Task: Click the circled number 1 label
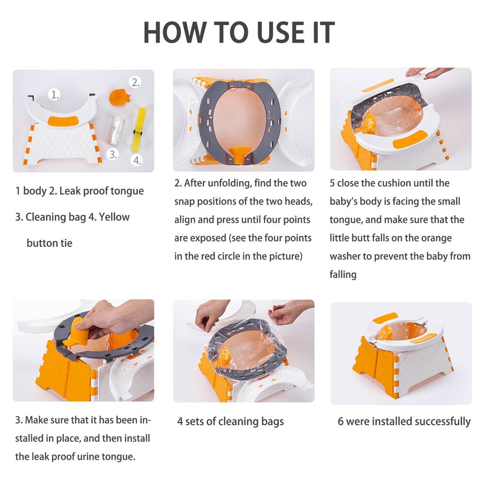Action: click(55, 95)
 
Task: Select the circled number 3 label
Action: click(113, 154)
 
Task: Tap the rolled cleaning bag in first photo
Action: click(115, 129)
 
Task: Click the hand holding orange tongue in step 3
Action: click(104, 318)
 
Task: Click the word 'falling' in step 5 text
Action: click(343, 274)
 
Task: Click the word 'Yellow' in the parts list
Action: click(114, 217)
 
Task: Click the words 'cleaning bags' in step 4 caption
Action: click(251, 421)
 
